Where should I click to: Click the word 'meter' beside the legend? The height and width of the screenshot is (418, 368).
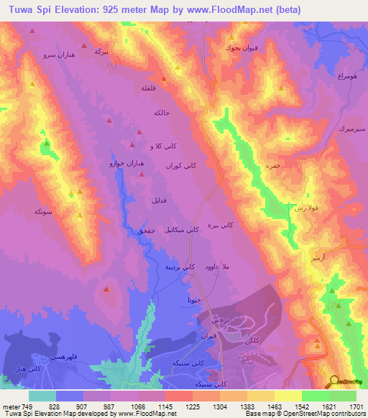10,407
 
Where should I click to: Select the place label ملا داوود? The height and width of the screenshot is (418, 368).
216,266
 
